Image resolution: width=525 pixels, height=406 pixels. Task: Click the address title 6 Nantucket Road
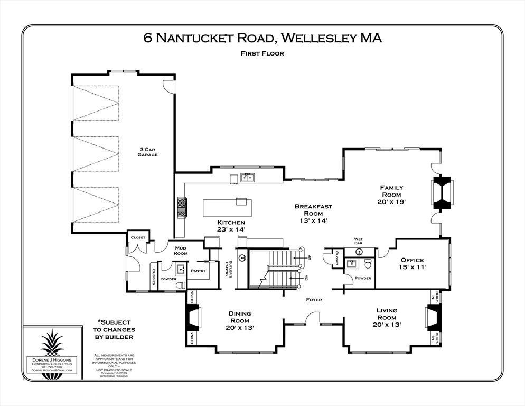point(262,38)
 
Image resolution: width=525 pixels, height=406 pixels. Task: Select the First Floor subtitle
point(262,53)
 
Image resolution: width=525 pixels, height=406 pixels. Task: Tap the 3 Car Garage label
point(147,152)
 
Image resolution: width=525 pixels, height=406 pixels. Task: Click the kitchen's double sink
point(247,178)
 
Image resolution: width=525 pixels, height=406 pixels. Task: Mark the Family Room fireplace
point(442,193)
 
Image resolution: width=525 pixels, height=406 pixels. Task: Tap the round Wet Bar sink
point(358,252)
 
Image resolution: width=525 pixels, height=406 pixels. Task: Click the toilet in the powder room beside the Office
point(369,264)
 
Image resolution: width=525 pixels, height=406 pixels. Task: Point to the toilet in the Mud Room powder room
point(180,284)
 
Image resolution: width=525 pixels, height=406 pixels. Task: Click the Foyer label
point(314,300)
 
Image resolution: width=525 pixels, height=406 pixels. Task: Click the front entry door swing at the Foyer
point(314,318)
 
